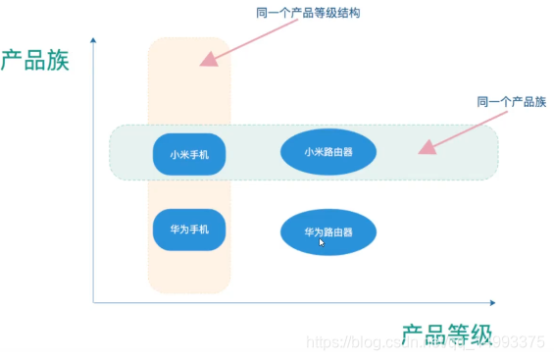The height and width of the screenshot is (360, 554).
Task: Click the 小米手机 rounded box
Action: (189, 154)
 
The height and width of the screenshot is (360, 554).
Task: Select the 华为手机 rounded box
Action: (189, 230)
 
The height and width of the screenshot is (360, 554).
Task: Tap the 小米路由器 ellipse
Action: (328, 152)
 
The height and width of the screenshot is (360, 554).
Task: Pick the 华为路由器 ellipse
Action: (328, 232)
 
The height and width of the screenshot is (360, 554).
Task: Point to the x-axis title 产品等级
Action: (447, 334)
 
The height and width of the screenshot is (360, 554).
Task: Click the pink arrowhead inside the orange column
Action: (208, 59)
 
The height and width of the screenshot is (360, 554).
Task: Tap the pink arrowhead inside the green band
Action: (426, 147)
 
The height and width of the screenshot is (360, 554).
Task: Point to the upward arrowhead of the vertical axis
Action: (93, 40)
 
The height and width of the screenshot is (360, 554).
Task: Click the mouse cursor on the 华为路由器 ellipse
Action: (323, 241)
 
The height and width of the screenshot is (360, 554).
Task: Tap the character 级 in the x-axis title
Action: (480, 334)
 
